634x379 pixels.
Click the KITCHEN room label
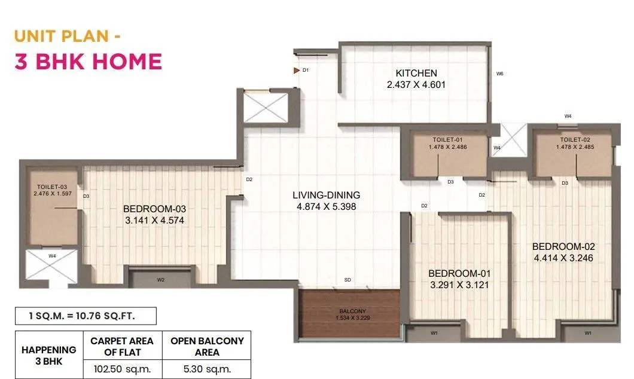(416, 74)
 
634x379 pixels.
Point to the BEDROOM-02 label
(563, 246)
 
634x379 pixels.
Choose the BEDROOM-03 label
(155, 209)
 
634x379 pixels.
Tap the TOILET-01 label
(443, 139)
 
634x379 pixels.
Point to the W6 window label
(499, 74)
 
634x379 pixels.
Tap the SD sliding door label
(348, 280)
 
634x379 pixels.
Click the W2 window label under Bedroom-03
(160, 279)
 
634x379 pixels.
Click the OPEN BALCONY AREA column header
(207, 346)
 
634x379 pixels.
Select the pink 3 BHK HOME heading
(88, 62)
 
